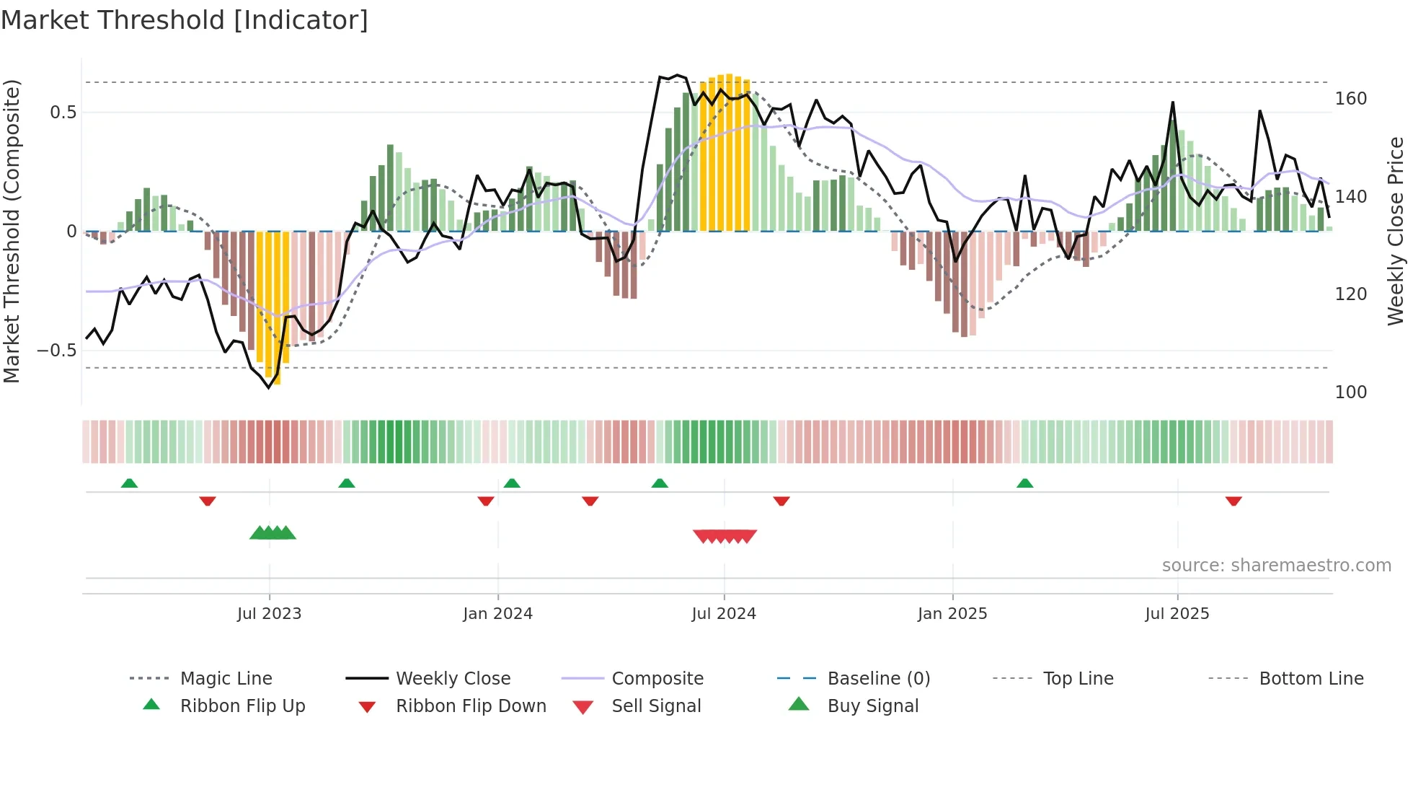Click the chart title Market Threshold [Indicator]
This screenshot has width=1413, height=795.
point(185,20)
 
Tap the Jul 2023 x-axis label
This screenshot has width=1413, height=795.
point(269,614)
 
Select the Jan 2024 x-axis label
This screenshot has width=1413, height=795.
point(497,614)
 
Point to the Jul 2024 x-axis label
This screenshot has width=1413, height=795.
point(724,614)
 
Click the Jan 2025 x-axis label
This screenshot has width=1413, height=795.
point(952,614)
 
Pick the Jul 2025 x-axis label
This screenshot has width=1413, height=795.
point(1177,614)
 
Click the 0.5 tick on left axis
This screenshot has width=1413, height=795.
point(63,113)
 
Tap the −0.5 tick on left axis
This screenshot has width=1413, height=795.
point(57,351)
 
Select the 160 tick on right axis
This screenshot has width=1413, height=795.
point(1350,99)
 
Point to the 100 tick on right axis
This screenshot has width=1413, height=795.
point(1350,392)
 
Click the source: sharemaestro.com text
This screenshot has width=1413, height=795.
point(1276,566)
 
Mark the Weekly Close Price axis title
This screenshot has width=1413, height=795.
point(1396,231)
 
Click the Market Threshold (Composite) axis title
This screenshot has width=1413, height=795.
point(12,231)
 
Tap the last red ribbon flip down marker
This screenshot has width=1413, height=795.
point(1233,501)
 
